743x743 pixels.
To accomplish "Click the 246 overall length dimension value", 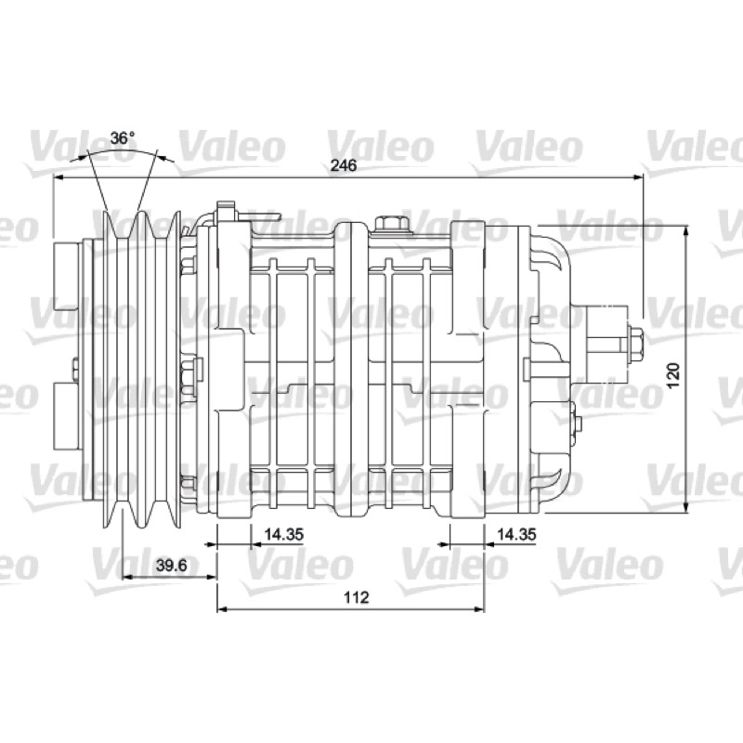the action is tap(344, 165).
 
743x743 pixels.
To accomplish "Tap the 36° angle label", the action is tap(123, 137).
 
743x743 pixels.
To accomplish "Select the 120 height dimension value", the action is tap(673, 374).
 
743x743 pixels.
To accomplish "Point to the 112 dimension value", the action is tap(357, 597).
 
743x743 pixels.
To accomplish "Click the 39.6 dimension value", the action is tap(172, 565).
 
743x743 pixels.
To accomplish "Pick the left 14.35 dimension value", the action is tap(283, 534).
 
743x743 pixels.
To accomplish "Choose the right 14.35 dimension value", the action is tap(516, 534).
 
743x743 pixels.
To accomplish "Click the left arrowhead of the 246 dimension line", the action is tap(59, 177).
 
